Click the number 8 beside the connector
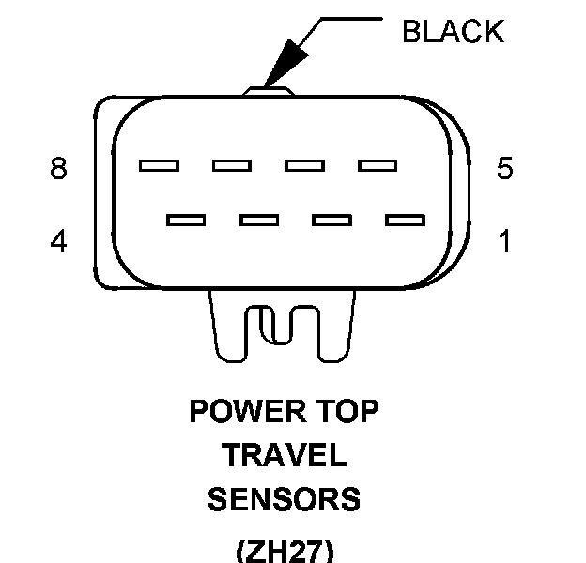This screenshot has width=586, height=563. tap(59, 170)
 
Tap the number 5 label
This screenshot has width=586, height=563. tap(505, 169)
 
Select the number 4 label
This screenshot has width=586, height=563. tap(59, 242)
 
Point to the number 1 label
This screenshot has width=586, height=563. tap(505, 242)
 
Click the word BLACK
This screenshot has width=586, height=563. tap(452, 31)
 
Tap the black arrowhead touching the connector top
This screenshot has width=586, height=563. tap(279, 71)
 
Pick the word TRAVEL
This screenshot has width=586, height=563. tap(285, 456)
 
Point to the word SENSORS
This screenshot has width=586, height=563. tap(285, 499)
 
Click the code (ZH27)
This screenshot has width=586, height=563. tap(285, 550)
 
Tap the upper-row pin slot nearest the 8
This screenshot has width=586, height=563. tap(159, 166)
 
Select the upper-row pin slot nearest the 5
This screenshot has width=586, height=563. tap(378, 166)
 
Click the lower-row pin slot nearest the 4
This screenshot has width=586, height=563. tap(186, 221)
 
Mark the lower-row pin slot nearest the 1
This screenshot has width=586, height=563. tap(406, 221)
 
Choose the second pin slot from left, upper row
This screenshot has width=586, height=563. tap(232, 166)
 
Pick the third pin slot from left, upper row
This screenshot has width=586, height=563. tap(305, 166)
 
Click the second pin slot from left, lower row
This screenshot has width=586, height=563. tap(259, 221)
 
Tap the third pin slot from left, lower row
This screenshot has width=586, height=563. tap(332, 221)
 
